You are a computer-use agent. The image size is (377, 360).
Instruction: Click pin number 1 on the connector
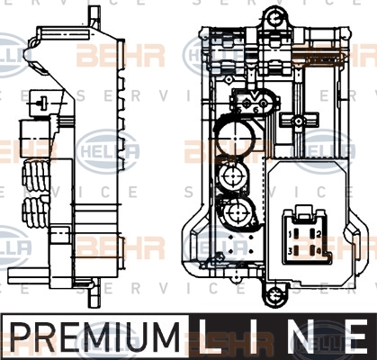coord(296,234)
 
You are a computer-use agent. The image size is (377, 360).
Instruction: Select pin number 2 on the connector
coord(312,234)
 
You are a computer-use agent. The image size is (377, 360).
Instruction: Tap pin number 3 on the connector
coord(296,250)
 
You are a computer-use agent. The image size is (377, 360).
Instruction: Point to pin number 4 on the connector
coord(312,250)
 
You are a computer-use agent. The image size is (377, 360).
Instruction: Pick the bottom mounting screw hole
coord(273,295)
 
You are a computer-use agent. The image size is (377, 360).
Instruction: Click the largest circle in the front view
coord(236,139)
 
